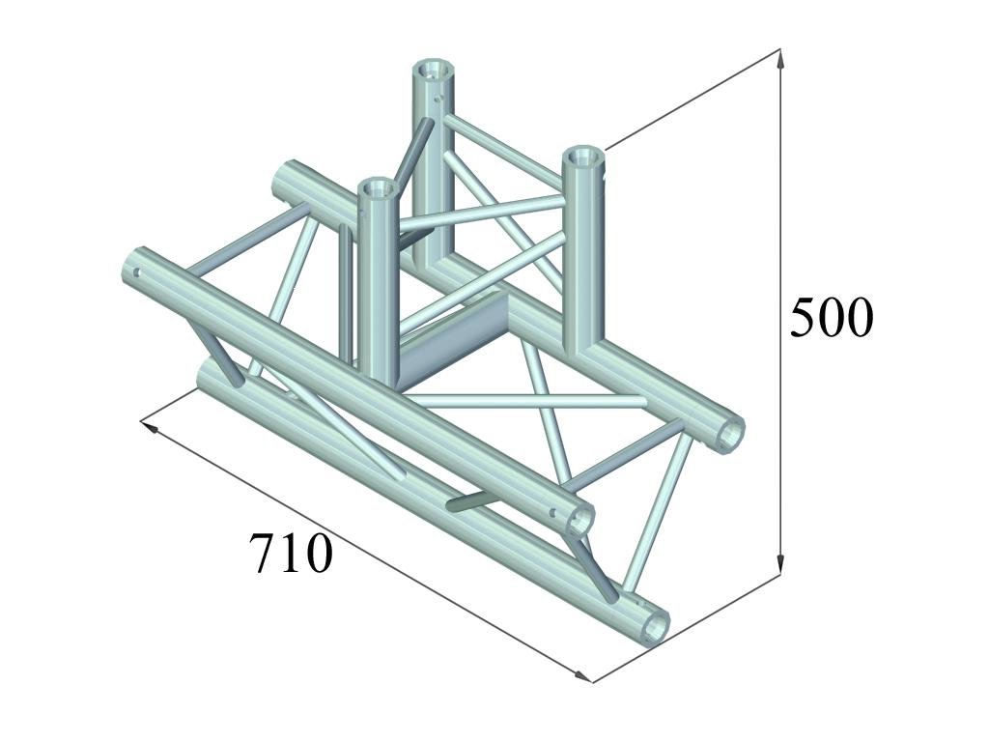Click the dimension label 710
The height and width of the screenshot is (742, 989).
coord(291,553)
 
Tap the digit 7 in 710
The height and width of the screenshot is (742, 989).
coord(263,554)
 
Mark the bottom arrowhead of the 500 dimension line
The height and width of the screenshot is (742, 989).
coord(780,564)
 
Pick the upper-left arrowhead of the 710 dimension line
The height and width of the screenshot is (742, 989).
coord(149,427)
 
